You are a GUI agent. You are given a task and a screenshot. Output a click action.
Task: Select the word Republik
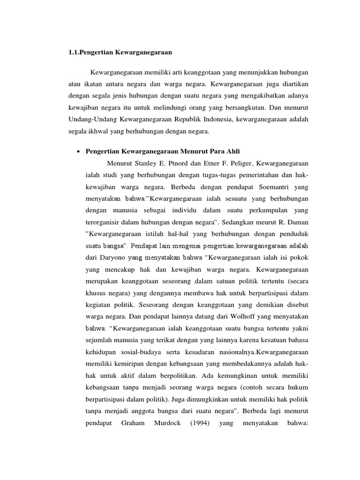coord(187,120)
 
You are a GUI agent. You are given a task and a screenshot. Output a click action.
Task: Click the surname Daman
coord(297,221)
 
